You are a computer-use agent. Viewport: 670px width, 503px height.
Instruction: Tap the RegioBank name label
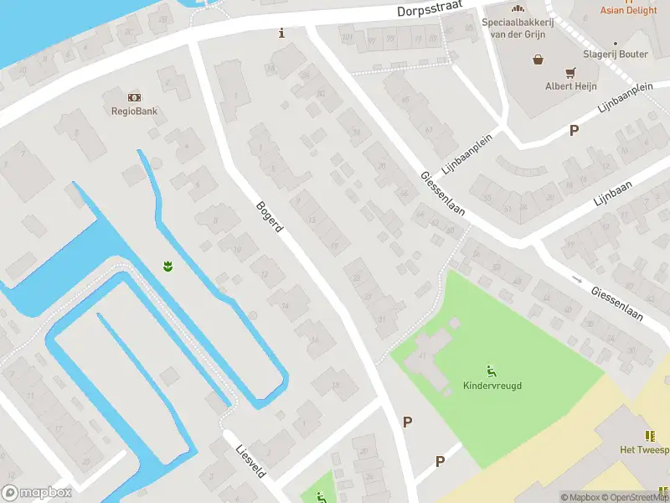[x=135, y=111]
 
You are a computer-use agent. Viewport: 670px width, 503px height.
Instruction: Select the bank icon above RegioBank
[x=135, y=97]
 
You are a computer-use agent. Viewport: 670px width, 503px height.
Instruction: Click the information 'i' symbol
[x=281, y=34]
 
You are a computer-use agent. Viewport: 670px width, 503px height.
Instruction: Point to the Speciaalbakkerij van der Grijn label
[x=514, y=27]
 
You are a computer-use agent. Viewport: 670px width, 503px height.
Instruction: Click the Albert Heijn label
[x=569, y=86]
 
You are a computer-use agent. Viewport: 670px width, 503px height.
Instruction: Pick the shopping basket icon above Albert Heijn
[x=538, y=60]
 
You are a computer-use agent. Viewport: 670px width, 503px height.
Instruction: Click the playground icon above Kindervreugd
[x=491, y=371]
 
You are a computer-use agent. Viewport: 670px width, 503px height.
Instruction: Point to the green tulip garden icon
[x=167, y=267]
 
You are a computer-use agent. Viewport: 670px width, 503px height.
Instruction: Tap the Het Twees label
[x=643, y=450]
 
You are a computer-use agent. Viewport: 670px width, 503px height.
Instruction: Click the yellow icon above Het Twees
[x=649, y=435]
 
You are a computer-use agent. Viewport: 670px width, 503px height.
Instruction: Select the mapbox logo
[x=37, y=493]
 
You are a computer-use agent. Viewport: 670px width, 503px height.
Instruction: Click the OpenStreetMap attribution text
[x=636, y=497]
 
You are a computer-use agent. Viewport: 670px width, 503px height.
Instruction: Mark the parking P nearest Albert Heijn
[x=574, y=130]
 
